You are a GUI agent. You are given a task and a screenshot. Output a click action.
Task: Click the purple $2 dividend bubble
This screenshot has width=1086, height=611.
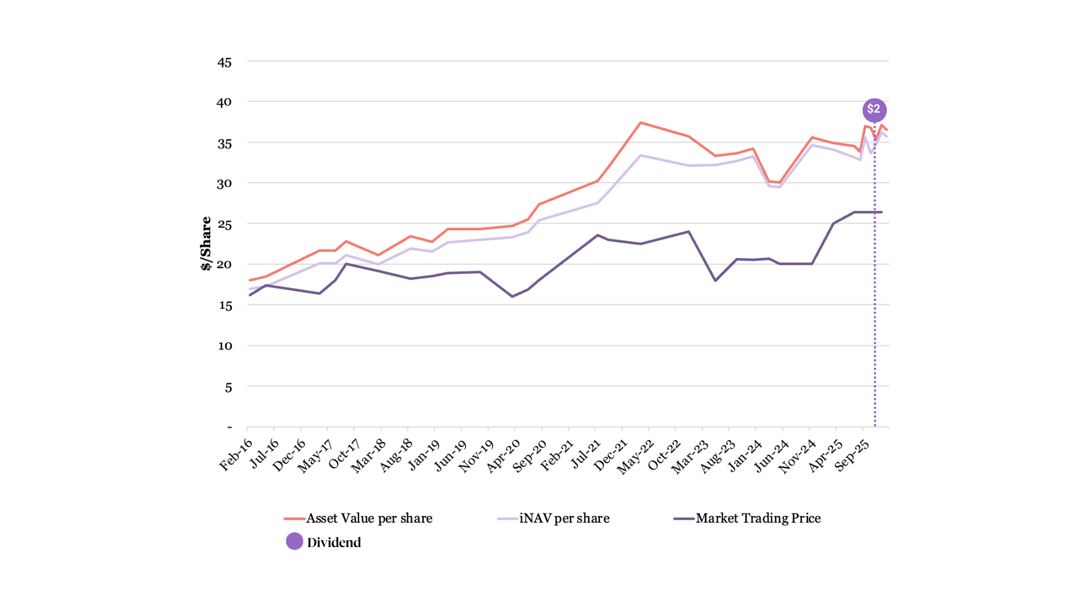tap(874, 110)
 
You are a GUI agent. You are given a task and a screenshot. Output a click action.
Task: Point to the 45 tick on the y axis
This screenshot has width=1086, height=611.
tap(225, 62)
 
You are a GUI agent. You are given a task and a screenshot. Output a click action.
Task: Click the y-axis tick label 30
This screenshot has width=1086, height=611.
tap(225, 183)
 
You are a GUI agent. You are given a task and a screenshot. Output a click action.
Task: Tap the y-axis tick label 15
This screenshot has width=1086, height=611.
tap(225, 305)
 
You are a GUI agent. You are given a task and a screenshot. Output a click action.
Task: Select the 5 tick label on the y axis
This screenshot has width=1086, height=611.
tap(229, 388)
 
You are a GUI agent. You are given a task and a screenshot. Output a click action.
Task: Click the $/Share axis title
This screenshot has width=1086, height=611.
tap(206, 243)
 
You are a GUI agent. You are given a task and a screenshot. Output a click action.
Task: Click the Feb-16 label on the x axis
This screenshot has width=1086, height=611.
tap(236, 455)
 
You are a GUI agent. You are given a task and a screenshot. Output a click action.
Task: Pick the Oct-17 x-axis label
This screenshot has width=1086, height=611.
tap(344, 454)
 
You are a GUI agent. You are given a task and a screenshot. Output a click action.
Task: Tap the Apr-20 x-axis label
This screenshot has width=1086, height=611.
tap(503, 455)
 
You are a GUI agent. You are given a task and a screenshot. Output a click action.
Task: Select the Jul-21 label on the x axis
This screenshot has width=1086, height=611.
tap(585, 454)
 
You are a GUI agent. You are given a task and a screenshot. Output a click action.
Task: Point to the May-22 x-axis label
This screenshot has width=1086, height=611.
tap(635, 457)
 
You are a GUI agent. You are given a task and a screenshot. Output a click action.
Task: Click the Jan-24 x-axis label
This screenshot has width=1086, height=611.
tap(745, 455)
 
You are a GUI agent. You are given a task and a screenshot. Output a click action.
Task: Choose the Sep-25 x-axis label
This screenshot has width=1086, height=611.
tap(852, 455)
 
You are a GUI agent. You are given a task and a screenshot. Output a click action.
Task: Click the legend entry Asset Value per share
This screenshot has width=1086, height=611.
tap(369, 518)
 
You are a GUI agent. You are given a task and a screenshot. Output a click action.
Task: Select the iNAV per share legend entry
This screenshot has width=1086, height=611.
tap(564, 518)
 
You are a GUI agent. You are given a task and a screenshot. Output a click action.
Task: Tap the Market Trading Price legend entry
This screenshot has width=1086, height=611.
tap(758, 518)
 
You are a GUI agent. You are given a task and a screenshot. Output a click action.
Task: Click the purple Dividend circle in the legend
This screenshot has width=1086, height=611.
tap(295, 541)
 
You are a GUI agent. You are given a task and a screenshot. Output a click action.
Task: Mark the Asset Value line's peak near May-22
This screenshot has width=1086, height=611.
tap(640, 122)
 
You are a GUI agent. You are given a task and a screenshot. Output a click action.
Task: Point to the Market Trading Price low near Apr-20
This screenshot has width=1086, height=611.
tap(512, 296)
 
